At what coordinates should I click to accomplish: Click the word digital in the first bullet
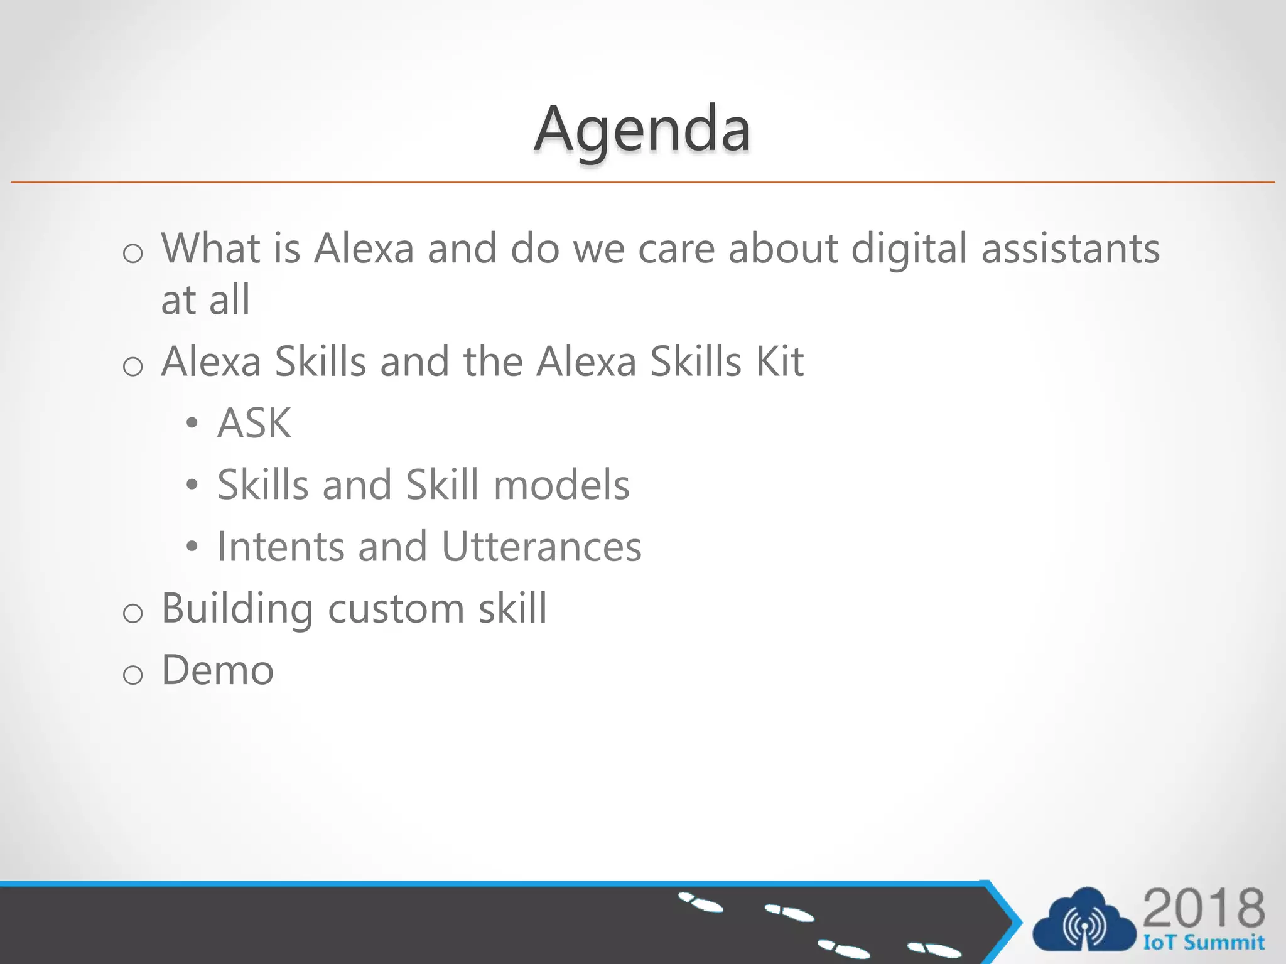click(909, 249)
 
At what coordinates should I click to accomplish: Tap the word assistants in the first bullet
click(1070, 249)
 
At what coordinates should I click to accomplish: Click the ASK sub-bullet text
click(254, 423)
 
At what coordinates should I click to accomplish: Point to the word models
click(561, 485)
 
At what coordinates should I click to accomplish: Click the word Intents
click(281, 547)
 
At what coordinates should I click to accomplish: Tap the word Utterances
click(541, 547)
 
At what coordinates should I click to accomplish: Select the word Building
click(237, 609)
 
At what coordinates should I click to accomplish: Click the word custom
click(396, 609)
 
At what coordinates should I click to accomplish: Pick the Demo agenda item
click(218, 670)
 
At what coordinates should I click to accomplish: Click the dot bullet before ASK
click(192, 424)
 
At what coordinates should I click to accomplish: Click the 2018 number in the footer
click(1203, 908)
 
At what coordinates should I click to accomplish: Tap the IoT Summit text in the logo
click(1203, 943)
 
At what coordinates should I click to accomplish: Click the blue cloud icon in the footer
click(1084, 921)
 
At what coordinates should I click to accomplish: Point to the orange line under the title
click(642, 182)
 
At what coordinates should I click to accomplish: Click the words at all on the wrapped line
click(205, 300)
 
